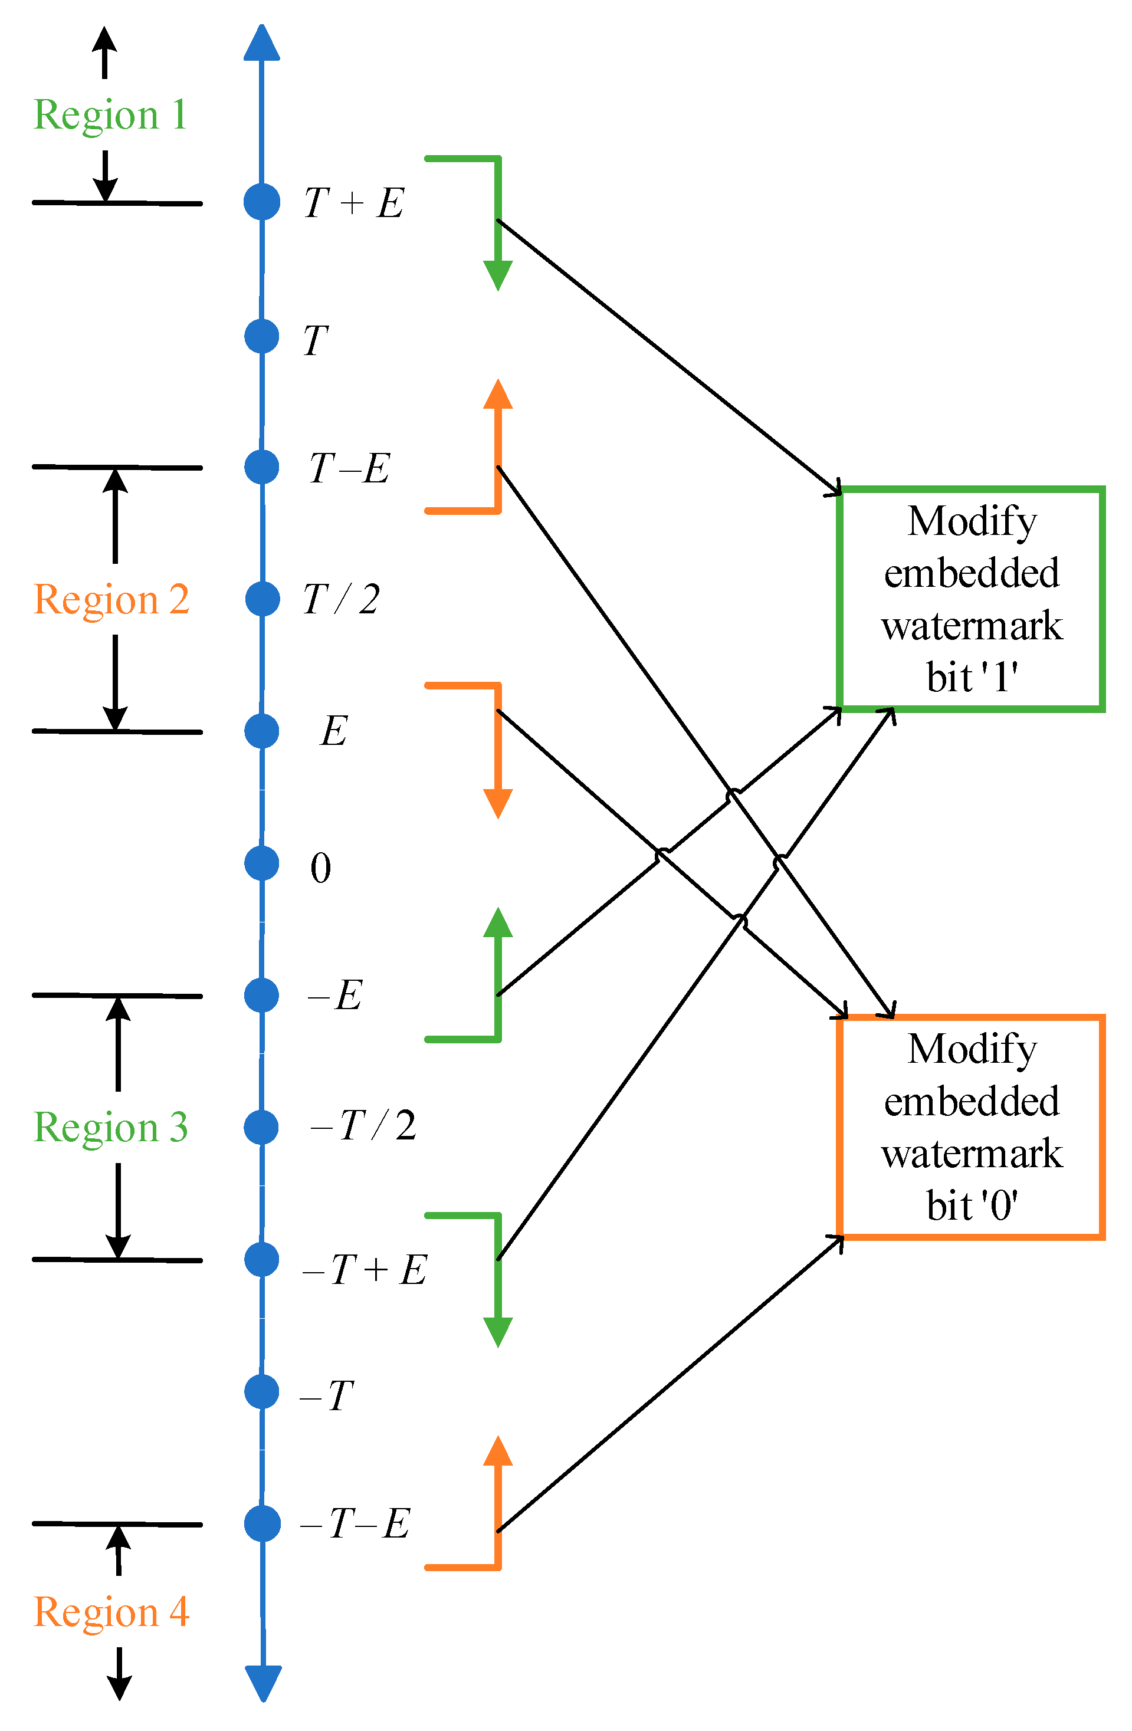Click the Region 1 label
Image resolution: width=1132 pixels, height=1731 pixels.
(110, 115)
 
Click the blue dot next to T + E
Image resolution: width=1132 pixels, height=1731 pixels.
(262, 202)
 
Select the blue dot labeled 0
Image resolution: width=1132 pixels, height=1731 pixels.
(262, 863)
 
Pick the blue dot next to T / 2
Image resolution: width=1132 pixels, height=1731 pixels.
(262, 599)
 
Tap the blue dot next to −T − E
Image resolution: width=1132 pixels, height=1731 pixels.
(262, 1524)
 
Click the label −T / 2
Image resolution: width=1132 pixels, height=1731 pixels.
(362, 1126)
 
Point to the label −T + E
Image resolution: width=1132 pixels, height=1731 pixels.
(364, 1270)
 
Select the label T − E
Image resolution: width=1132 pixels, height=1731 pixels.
(350, 468)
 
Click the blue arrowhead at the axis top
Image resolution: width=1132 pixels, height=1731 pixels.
(262, 44)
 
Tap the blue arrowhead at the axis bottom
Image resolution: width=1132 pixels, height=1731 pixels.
(263, 1681)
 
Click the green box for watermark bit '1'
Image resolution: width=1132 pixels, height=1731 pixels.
(971, 599)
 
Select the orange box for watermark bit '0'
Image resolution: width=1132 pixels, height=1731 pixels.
(971, 1126)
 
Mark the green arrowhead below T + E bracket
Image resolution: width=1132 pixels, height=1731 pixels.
(498, 275)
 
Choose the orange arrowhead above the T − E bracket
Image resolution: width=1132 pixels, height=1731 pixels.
(498, 395)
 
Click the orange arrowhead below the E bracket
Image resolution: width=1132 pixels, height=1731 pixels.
(498, 803)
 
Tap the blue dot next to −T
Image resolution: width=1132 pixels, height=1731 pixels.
(262, 1391)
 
